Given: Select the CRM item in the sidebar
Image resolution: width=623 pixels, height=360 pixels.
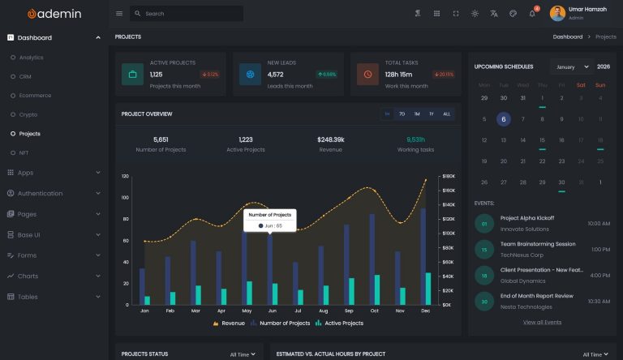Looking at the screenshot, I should (25, 76).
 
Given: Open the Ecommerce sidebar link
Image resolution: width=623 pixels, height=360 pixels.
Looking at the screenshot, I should (35, 96).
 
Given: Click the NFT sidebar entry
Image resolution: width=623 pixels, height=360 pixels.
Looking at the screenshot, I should (24, 152).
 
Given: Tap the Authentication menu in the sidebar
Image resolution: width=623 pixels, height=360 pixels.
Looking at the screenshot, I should (40, 194).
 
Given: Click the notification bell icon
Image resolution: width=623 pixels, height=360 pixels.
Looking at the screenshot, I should (532, 14).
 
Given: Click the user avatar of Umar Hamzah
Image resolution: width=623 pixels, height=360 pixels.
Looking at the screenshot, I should (557, 14).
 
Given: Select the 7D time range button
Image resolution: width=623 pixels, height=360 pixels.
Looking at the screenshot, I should (402, 114).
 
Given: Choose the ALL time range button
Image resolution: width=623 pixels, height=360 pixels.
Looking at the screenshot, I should (446, 114).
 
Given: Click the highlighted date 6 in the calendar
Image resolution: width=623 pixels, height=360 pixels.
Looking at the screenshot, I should (504, 118).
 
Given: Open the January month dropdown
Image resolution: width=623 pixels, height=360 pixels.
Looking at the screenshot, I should (571, 66).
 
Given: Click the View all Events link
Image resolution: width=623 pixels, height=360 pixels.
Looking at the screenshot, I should (542, 322).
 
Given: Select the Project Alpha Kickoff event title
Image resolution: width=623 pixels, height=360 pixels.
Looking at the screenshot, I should (526, 218).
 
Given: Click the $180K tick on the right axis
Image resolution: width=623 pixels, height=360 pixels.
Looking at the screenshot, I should (447, 176).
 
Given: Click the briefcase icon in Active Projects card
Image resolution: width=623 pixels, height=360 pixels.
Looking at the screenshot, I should (133, 75).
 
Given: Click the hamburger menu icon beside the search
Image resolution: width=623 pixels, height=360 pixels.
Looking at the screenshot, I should (119, 14).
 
